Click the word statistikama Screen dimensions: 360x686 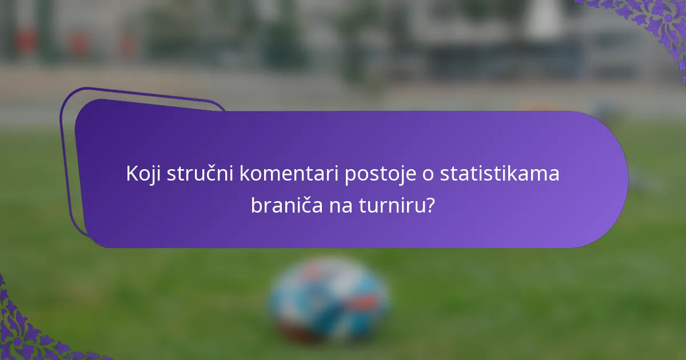[499, 174]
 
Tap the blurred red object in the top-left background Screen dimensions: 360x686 [26, 40]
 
